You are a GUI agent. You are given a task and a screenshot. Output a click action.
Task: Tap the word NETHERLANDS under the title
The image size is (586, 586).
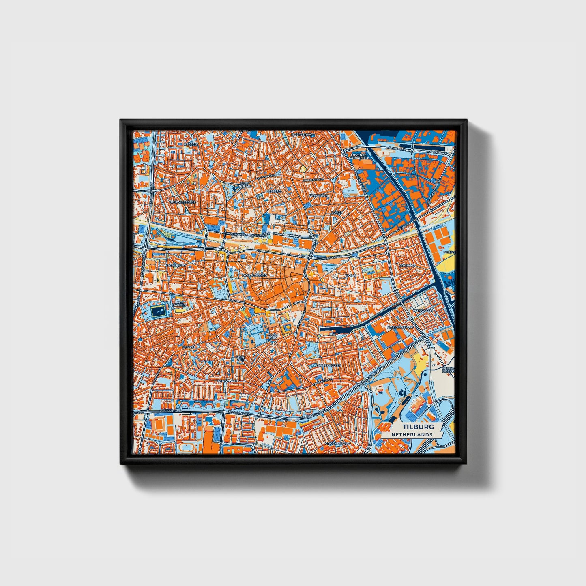pyautogui.click(x=412, y=434)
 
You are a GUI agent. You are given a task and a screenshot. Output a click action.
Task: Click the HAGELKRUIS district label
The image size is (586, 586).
pyautogui.click(x=176, y=265)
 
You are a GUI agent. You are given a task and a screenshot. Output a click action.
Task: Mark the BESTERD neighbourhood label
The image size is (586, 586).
pyautogui.click(x=273, y=191)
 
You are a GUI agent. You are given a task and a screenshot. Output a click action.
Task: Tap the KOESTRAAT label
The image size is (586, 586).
pyautogui.click(x=319, y=195)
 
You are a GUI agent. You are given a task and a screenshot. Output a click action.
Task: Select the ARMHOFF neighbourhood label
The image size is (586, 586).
pyautogui.click(x=408, y=265)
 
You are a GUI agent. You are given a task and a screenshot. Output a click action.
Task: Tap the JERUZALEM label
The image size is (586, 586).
pyautogui.click(x=423, y=310)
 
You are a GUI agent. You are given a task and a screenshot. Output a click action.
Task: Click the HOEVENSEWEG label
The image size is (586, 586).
pyautogui.click(x=400, y=326)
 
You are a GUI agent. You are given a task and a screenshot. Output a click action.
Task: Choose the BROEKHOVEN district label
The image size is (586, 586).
pyautogui.click(x=329, y=365)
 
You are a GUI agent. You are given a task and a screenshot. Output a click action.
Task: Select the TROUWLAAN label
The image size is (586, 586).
pyautogui.click(x=227, y=381)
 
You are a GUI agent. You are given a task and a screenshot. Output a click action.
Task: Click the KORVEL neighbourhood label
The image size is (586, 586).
pyautogui.click(x=189, y=347)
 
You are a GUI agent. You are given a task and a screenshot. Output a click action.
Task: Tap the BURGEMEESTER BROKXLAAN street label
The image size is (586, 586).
pyautogui.click(x=249, y=234)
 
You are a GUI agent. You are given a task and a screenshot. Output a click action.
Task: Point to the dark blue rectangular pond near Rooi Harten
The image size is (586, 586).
pyautogui.click(x=158, y=311)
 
